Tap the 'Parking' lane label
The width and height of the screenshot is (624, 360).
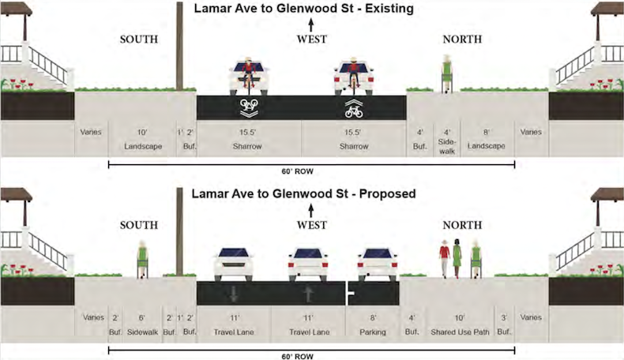point(373,332)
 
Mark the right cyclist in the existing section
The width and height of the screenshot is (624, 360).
point(353,76)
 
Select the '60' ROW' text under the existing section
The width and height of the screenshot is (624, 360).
point(311,171)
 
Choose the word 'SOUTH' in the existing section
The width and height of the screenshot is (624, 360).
point(139,39)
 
